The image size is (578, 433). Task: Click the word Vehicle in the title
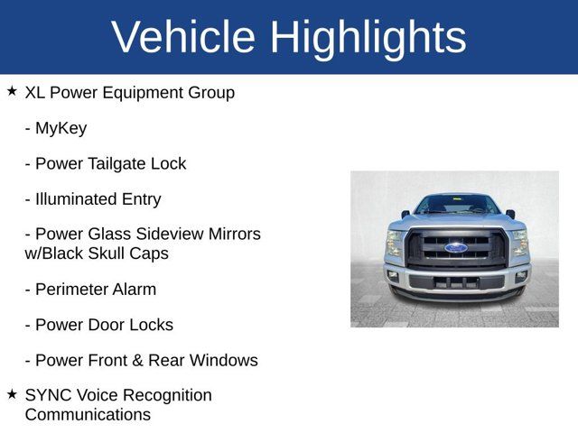(x=183, y=37)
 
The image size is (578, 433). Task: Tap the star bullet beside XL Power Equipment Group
(x=12, y=91)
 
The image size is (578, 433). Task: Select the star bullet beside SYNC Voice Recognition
(x=12, y=394)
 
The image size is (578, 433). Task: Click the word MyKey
(x=61, y=128)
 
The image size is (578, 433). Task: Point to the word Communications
(x=88, y=415)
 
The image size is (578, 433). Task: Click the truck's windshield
(x=456, y=205)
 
